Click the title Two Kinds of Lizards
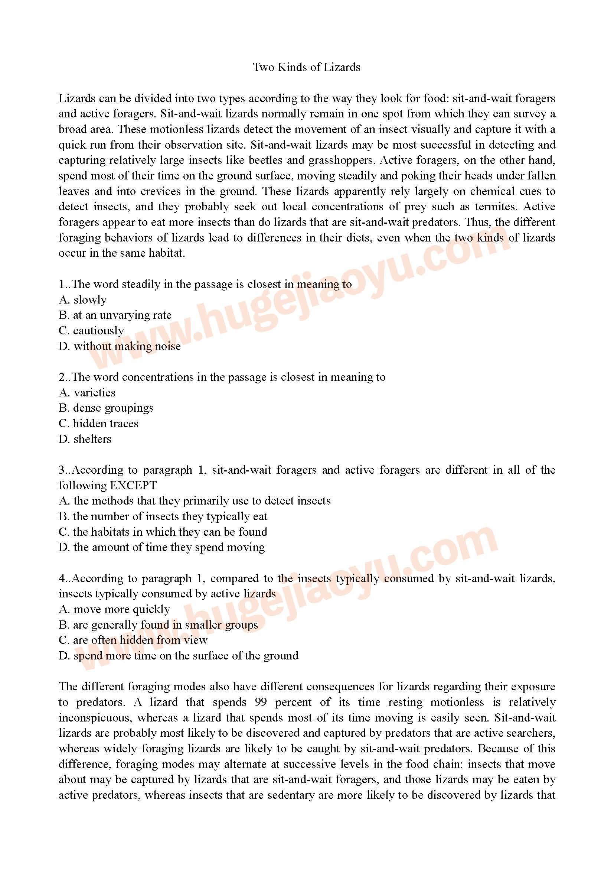coord(306,67)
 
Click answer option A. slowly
coord(82,299)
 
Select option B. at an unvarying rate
coord(115,315)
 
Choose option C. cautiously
coord(91,330)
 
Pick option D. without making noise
coord(120,346)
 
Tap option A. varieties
coord(87,392)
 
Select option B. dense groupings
coord(106,408)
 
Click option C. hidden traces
coord(98,423)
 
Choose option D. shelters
coord(85,439)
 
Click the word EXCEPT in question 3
coord(133,486)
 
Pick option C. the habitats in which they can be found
coord(163,532)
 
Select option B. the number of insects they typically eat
coord(163,516)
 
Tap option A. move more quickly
coord(114,609)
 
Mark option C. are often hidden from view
coord(133,640)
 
